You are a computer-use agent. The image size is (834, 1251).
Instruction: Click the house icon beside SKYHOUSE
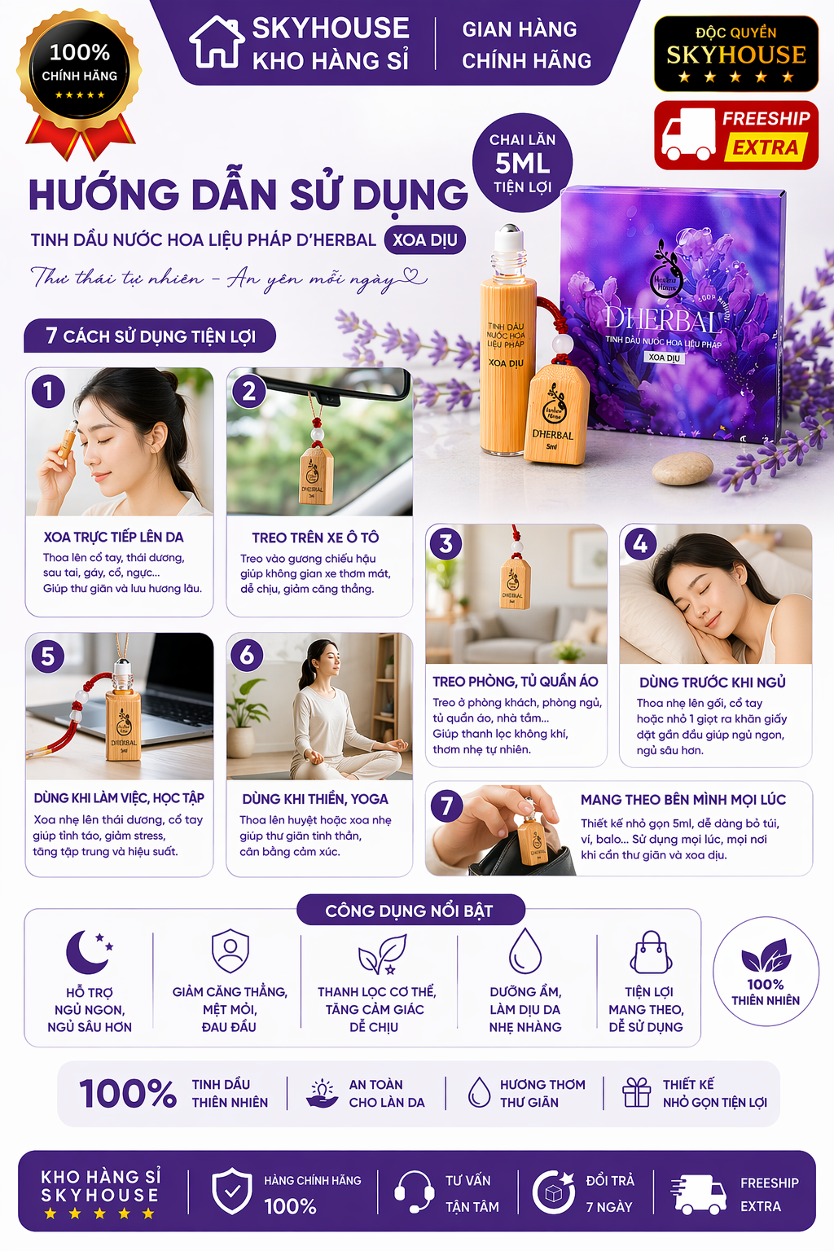[217, 42]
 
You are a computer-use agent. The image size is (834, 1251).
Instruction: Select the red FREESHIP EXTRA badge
[735, 135]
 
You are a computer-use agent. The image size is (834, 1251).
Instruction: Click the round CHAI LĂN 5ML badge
[522, 163]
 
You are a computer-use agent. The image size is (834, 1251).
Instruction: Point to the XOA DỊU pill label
[424, 239]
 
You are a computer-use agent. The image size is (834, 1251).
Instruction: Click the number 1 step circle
[48, 392]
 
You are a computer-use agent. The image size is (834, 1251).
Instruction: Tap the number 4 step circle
[640, 543]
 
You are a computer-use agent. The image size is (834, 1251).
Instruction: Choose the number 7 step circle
[446, 806]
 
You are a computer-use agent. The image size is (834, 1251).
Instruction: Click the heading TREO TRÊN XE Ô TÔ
[315, 538]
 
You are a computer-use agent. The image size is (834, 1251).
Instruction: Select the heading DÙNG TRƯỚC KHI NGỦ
[712, 683]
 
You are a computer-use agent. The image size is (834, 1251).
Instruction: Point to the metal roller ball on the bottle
[509, 234]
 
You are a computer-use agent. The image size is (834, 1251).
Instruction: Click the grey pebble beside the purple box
[683, 468]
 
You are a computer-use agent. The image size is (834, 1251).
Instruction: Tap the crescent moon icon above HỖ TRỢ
[88, 952]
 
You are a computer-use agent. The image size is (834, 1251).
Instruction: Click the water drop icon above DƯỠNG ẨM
[525, 950]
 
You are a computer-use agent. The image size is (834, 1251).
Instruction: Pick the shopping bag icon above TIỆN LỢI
[652, 952]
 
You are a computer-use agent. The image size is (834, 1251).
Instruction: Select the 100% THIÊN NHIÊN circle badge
[766, 972]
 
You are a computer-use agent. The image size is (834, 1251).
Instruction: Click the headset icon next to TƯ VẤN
[414, 1192]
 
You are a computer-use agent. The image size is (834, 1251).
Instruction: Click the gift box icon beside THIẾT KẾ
[637, 1092]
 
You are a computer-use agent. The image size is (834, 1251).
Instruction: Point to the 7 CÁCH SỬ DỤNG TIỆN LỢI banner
[150, 336]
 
